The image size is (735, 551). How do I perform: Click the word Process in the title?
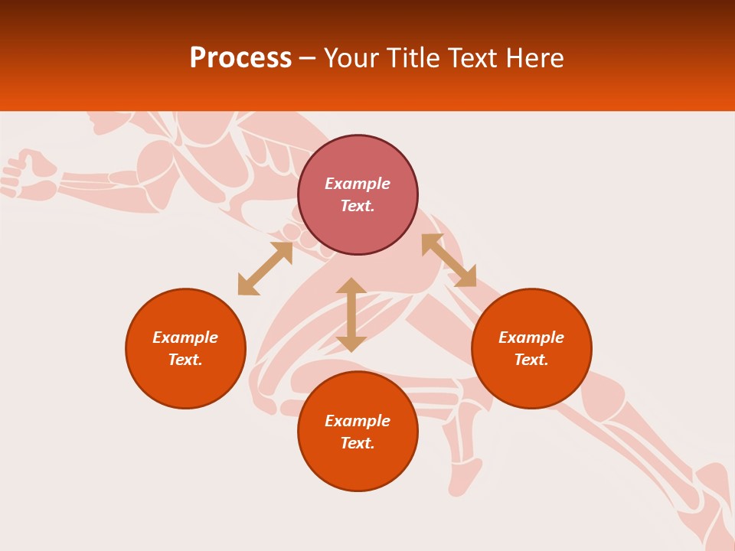240,58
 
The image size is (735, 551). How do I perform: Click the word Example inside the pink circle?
358,184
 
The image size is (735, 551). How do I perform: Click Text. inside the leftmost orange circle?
185,360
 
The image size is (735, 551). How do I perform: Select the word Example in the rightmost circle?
531,337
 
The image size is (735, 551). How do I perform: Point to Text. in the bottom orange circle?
358,443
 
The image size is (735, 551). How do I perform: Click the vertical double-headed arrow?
351,315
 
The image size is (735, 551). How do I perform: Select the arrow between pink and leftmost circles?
265,269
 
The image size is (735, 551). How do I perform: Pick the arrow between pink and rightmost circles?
449,260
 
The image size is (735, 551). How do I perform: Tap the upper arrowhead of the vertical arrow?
351,285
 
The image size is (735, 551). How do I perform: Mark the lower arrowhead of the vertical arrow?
351,344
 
